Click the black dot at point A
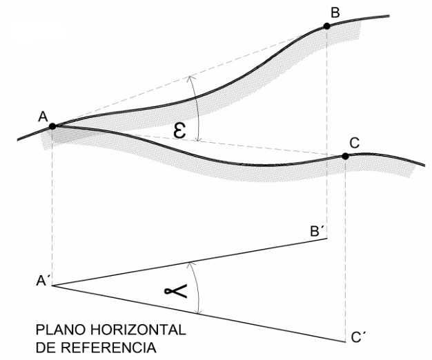point(52,126)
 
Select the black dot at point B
point(326,26)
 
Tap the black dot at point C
point(345,156)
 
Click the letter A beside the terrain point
point(43,117)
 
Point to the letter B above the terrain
point(335,12)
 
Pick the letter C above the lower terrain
point(354,143)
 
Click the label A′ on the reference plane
point(42,281)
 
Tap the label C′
point(359,337)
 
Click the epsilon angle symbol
point(179,131)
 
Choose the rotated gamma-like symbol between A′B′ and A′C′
point(176,292)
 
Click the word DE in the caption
point(46,348)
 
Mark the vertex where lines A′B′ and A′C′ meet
point(52,286)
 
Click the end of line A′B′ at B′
point(327,239)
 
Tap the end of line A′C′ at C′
point(346,342)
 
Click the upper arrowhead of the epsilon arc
point(189,77)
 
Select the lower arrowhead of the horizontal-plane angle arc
point(197,312)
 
